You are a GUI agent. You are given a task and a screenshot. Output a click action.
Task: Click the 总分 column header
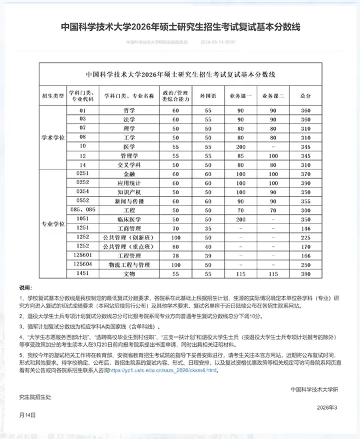click(x=306, y=96)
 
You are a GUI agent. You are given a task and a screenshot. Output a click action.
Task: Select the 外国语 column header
click(x=208, y=96)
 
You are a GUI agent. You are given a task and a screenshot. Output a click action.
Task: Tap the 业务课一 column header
click(x=241, y=96)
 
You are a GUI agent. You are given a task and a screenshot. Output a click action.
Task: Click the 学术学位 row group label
click(x=53, y=137)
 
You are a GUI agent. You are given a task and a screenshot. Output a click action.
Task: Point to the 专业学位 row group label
click(x=53, y=224)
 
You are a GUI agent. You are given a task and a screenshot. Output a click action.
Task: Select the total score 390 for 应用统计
click(x=306, y=182)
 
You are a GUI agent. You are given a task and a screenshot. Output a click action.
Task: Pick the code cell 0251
click(x=83, y=173)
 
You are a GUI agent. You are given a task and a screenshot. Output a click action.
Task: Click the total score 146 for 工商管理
click(x=306, y=228)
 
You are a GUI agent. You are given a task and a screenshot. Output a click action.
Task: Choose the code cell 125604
click(x=83, y=264)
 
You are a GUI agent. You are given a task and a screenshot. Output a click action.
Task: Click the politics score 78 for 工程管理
click(x=176, y=256)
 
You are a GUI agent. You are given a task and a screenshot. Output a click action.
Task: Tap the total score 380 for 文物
click(x=306, y=274)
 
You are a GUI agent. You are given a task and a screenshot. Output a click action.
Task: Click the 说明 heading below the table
click(x=25, y=288)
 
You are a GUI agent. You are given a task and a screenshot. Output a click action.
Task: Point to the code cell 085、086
click(x=83, y=209)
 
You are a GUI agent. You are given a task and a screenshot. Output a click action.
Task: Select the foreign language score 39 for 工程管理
click(x=208, y=256)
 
